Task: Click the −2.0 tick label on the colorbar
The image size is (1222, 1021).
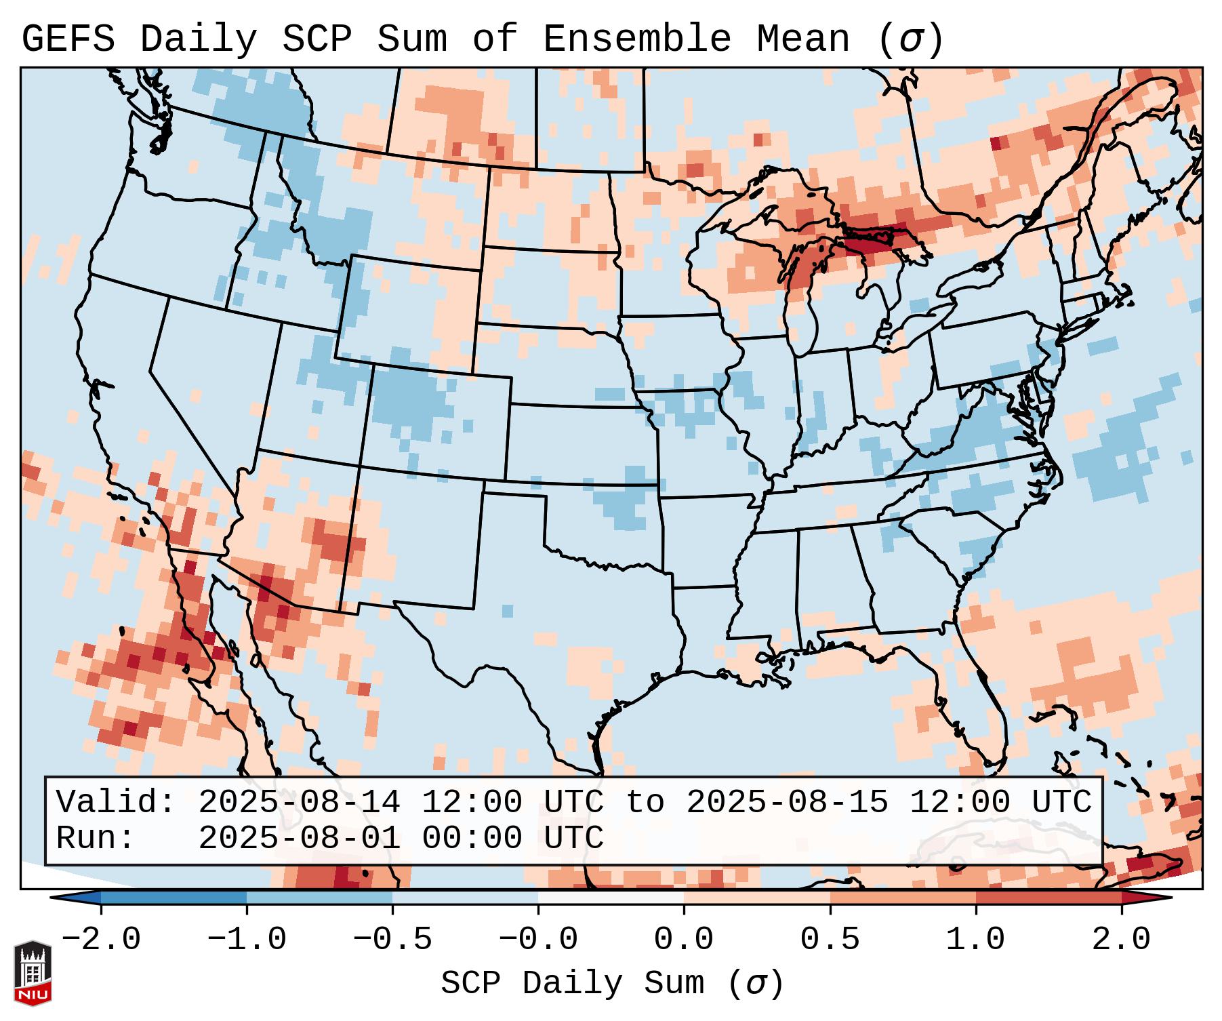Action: [x=101, y=940]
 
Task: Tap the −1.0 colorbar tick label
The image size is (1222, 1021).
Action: [x=247, y=940]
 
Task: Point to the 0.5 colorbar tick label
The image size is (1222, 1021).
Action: [x=830, y=940]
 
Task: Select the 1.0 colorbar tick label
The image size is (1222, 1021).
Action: [x=975, y=940]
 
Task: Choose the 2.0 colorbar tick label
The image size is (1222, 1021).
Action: [x=1121, y=940]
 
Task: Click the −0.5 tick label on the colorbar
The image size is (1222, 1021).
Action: [x=392, y=940]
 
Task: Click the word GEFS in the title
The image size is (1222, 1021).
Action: [x=68, y=39]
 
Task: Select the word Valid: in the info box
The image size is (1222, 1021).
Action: [x=116, y=802]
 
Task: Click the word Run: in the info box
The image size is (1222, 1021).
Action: [x=96, y=838]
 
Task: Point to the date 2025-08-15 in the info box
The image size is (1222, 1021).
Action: [x=787, y=802]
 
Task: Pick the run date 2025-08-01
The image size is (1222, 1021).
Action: [x=299, y=838]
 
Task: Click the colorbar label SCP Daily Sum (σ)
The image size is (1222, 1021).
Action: [x=612, y=983]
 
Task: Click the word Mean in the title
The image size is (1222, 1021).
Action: [x=803, y=39]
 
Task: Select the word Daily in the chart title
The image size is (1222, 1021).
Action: [x=199, y=39]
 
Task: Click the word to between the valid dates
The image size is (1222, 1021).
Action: [x=645, y=802]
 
